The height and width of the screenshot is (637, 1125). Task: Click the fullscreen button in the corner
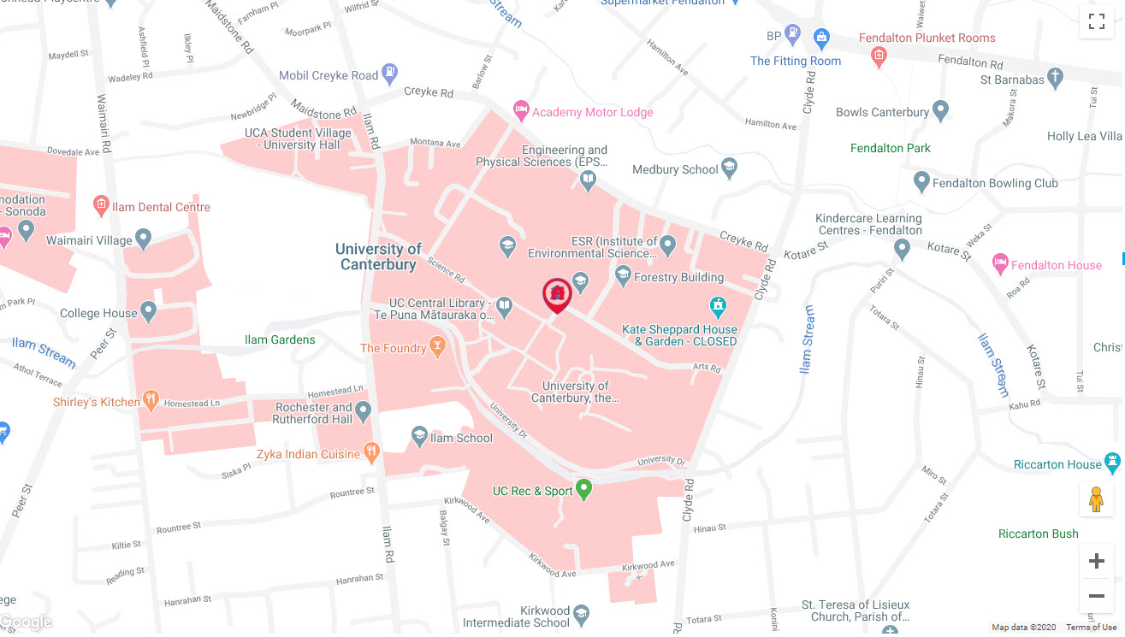click(1096, 22)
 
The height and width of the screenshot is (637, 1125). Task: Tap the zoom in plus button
click(1096, 561)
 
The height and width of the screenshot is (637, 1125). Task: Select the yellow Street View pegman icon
click(1096, 499)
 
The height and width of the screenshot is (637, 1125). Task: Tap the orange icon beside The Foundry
click(438, 347)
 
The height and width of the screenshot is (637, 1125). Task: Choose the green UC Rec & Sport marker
click(584, 490)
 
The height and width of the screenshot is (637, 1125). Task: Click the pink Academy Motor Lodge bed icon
click(520, 110)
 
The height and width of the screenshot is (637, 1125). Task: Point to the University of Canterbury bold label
click(378, 257)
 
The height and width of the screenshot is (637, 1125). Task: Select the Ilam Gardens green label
click(280, 339)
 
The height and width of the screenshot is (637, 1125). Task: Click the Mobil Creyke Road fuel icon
click(390, 74)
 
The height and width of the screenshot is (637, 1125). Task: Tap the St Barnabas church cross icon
click(1056, 79)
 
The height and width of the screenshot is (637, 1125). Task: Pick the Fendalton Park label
click(890, 148)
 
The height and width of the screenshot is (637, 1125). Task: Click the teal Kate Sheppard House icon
click(719, 305)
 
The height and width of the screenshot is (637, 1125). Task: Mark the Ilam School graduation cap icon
click(419, 437)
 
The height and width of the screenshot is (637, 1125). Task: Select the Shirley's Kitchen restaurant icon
click(151, 399)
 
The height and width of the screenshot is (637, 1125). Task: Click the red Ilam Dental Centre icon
click(101, 205)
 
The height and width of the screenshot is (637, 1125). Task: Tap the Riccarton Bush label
click(1038, 534)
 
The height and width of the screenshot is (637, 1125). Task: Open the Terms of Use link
click(1091, 628)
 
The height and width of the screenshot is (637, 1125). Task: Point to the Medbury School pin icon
click(729, 168)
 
